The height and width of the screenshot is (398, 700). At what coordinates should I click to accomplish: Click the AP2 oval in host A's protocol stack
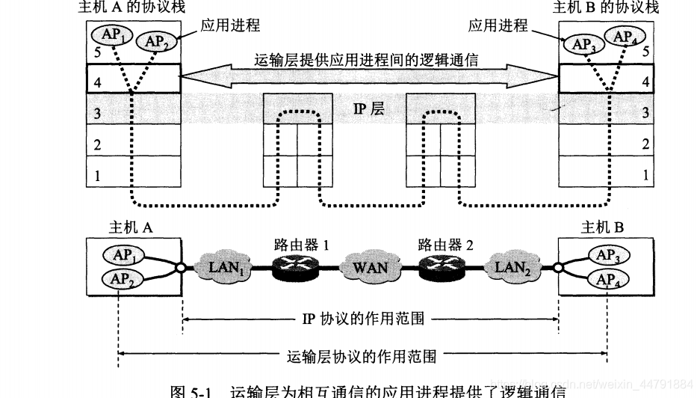tap(157, 41)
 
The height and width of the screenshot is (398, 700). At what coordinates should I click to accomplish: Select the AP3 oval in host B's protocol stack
tap(582, 43)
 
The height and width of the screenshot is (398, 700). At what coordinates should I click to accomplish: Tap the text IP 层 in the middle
tap(368, 109)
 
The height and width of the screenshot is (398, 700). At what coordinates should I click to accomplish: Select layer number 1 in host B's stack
tap(645, 175)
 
